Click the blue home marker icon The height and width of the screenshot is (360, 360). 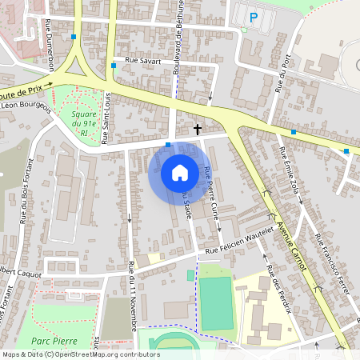(x=180, y=172)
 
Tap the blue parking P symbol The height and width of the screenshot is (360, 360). (x=254, y=17)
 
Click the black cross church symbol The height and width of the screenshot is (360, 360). (x=198, y=128)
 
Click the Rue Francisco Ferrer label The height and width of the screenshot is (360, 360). (x=330, y=263)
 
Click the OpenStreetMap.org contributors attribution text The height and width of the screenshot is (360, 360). (x=104, y=354)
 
